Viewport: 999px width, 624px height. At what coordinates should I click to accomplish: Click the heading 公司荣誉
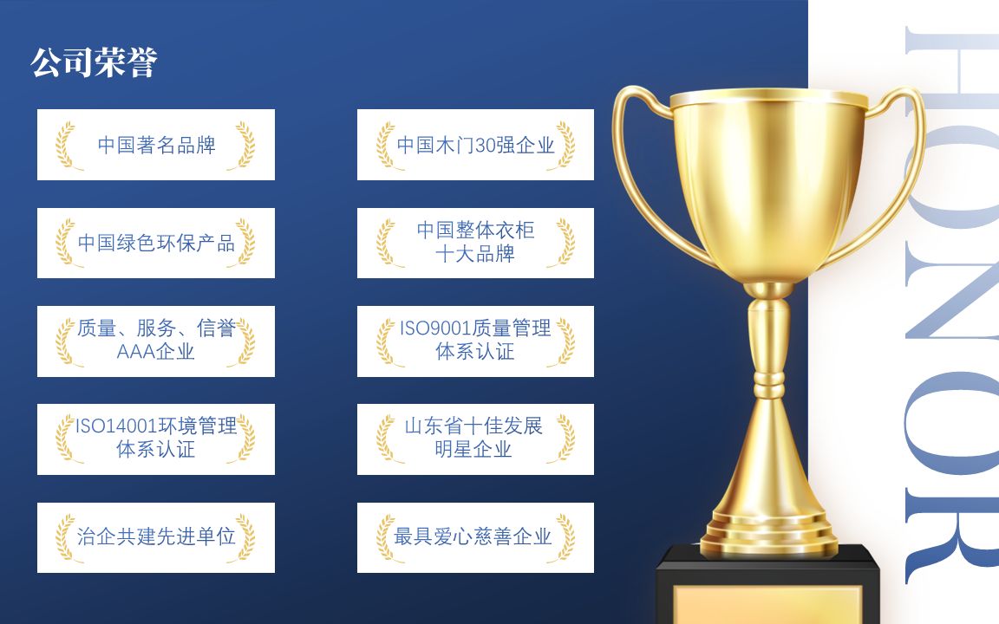click(94, 63)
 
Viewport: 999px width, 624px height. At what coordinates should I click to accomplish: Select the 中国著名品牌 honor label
click(156, 145)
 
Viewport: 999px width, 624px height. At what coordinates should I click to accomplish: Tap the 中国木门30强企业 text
click(475, 145)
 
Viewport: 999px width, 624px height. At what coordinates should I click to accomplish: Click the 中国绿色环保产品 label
click(156, 243)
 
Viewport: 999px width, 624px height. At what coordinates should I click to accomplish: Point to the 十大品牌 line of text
click(475, 255)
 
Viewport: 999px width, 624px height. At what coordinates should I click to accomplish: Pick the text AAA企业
click(156, 351)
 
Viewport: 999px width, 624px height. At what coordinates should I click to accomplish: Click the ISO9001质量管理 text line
click(475, 328)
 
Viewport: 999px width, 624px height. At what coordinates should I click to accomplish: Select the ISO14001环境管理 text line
click(156, 426)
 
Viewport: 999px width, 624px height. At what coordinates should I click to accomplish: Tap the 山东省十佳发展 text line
click(475, 426)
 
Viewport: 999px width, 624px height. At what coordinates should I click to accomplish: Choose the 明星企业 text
click(475, 450)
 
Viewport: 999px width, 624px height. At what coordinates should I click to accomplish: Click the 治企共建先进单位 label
click(156, 537)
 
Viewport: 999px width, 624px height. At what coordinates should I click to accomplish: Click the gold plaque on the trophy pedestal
click(767, 606)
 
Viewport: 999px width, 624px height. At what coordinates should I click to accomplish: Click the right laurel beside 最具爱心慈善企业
click(565, 537)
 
